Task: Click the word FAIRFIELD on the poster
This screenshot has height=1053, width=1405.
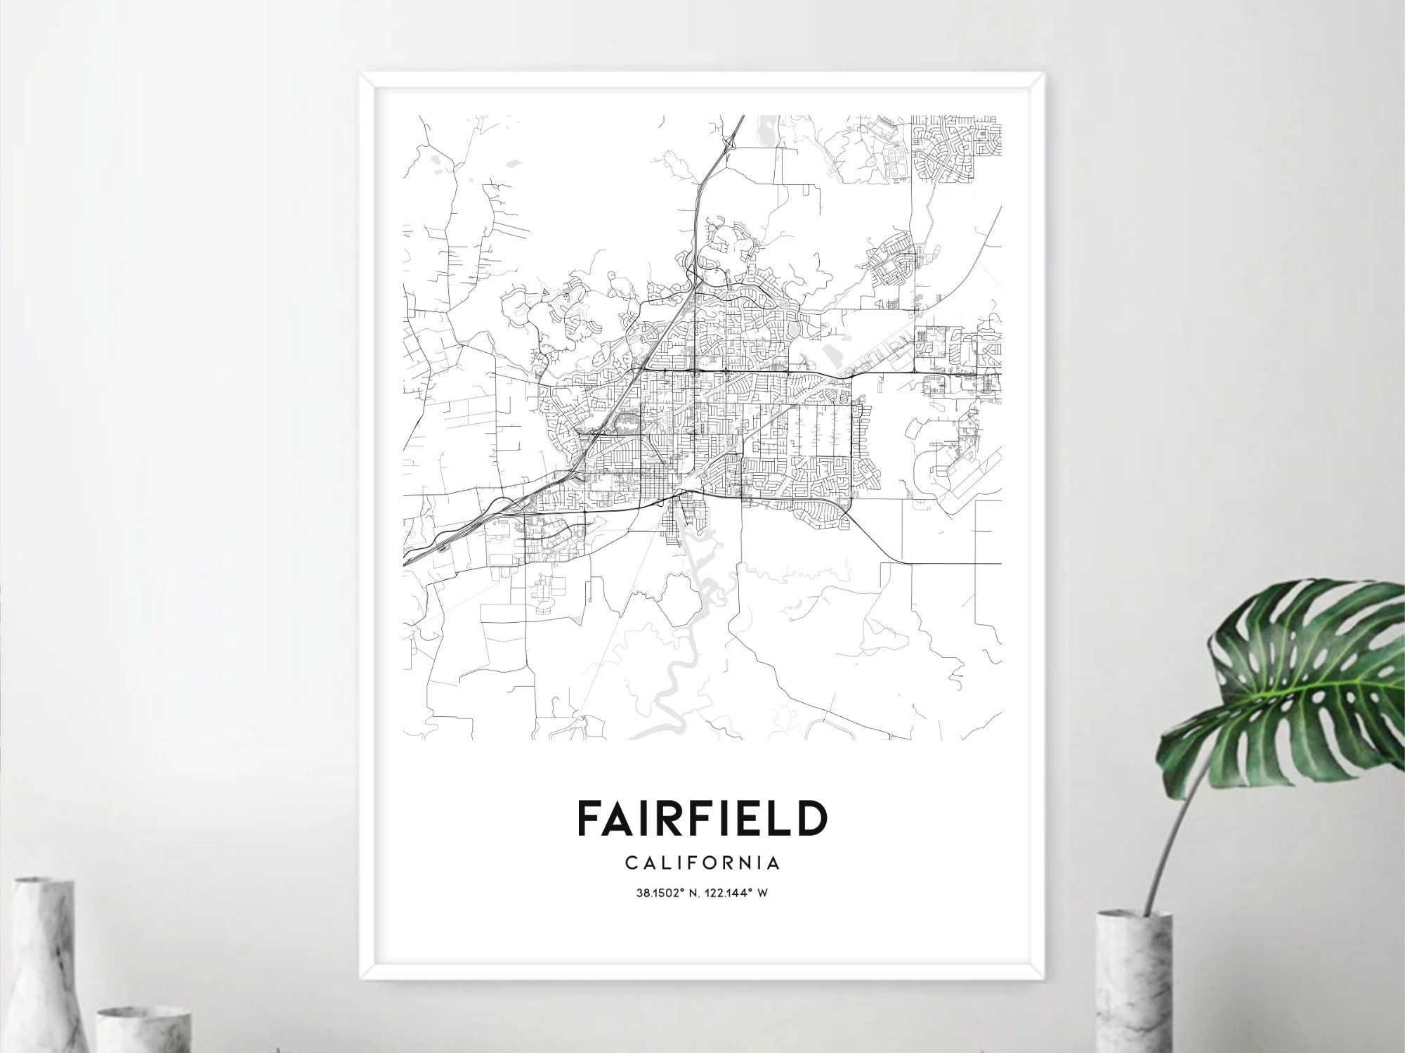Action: tap(702, 817)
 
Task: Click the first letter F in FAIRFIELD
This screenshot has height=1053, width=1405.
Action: tap(588, 817)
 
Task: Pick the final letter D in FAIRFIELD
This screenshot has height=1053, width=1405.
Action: tap(814, 817)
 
